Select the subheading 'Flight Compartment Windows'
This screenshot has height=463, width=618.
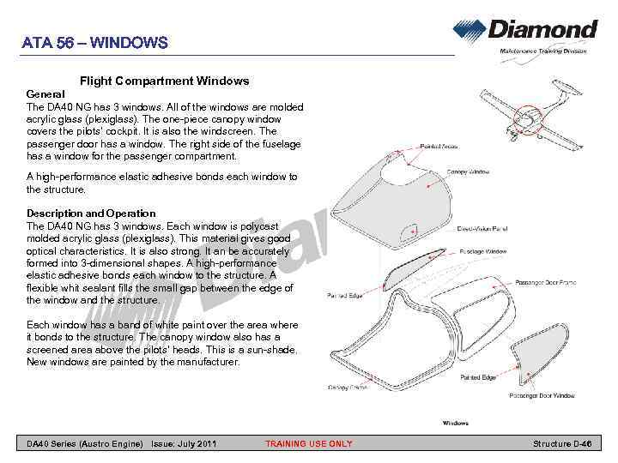tap(164, 81)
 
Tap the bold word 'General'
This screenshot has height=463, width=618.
tap(46, 93)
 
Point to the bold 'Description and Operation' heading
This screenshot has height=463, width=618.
tap(91, 213)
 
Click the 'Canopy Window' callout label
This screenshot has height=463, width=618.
tap(469, 171)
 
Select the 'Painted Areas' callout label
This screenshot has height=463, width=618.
tap(439, 148)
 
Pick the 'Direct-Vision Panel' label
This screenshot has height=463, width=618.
tap(482, 229)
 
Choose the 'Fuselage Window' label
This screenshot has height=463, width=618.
tap(484, 251)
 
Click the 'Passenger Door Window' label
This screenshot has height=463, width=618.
tap(542, 395)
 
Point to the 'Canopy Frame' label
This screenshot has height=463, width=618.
tap(347, 388)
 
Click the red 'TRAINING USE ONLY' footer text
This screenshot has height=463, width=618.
tap(308, 443)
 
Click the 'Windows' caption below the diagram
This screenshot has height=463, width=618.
tap(455, 423)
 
